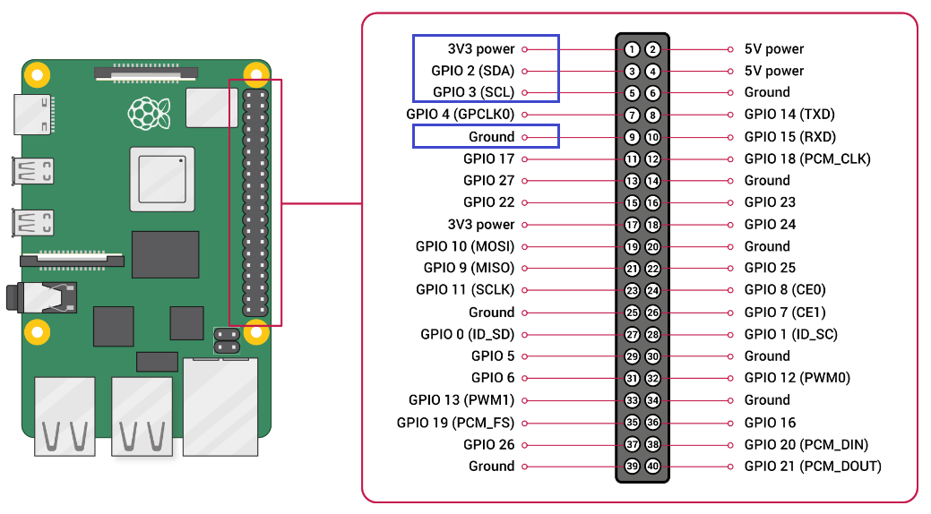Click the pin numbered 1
633,49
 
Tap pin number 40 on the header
652,467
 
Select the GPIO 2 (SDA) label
474,71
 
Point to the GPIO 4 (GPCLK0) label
461,115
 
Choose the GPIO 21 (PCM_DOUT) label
813,467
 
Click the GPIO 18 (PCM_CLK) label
807,158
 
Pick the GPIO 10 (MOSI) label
465,246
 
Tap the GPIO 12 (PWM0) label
797,378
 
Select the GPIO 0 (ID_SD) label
468,334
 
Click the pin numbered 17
633,225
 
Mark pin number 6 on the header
652,93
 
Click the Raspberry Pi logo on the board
149,111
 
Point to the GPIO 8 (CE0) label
785,290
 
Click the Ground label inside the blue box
491,137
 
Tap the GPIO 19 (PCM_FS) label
456,423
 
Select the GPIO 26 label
489,444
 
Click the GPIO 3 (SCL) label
474,92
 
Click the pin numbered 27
633,335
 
